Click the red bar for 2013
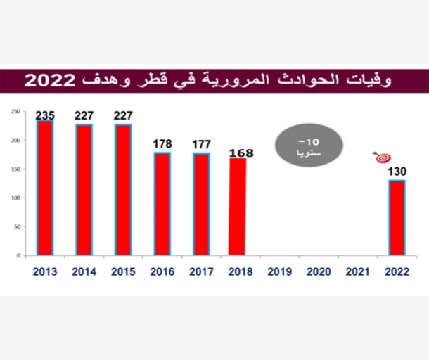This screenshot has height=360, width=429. coord(45,188)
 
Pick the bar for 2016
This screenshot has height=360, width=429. coord(162,203)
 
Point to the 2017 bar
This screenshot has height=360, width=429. coord(200,204)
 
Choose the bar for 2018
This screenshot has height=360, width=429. coord(237,207)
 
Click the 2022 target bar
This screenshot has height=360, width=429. coord(397,217)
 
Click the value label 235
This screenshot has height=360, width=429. coord(46,114)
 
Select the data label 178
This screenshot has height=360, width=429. coord(162,145)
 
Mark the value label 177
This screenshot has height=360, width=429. coord(201,145)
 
